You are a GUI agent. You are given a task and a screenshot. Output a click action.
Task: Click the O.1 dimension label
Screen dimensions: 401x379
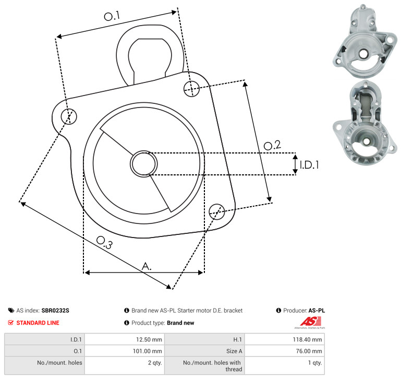112,16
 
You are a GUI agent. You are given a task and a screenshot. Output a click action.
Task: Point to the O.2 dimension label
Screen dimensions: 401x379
272,145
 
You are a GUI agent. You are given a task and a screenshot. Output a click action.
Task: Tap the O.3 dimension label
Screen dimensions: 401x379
104,242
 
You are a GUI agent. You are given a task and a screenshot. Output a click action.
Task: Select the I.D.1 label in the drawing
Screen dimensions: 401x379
309,165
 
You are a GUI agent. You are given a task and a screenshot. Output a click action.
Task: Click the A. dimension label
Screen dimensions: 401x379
147,266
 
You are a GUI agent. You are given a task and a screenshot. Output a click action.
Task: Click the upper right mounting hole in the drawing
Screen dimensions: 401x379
191,89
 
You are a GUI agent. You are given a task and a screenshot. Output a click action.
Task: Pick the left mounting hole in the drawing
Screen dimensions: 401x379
69,116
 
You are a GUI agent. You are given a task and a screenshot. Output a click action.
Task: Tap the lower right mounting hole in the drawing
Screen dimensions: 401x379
217,211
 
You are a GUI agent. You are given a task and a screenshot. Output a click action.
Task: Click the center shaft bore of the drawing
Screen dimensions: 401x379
144,163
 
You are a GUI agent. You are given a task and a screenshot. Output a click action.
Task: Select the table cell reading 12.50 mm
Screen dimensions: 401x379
125,339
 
